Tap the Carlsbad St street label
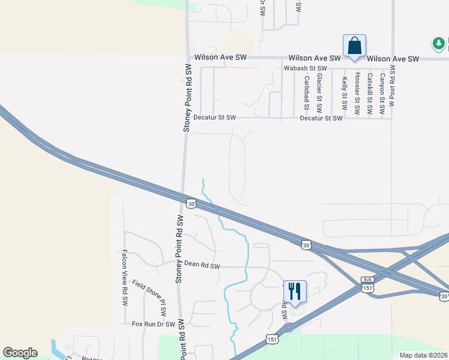click(306, 92)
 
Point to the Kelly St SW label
click(345, 92)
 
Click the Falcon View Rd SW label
click(125, 271)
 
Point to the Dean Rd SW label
click(202, 265)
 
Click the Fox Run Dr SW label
click(153, 324)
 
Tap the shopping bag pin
click(354, 46)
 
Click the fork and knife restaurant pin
click(295, 292)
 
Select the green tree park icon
click(439, 43)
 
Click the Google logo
click(20, 353)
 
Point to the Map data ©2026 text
click(423, 355)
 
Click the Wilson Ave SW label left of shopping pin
click(220, 58)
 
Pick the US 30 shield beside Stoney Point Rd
click(191, 203)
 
